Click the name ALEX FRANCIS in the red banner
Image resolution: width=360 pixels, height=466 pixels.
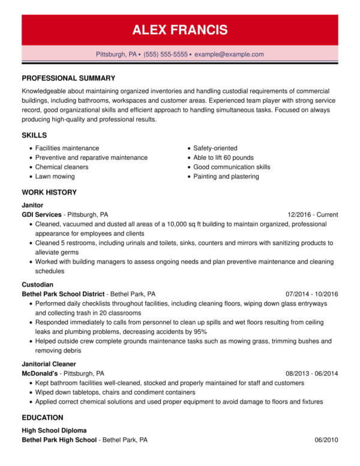click(x=180, y=30)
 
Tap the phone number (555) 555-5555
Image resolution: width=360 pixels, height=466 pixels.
click(x=165, y=54)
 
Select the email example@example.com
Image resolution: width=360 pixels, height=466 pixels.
click(x=229, y=54)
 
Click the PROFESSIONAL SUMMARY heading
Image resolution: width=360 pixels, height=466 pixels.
click(x=68, y=78)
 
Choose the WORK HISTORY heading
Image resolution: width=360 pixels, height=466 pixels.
click(x=49, y=192)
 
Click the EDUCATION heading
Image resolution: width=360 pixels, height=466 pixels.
click(x=43, y=417)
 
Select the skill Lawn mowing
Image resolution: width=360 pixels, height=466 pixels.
click(x=55, y=177)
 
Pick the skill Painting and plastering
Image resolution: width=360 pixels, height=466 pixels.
click(x=226, y=177)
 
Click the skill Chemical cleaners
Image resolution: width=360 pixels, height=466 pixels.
click(x=62, y=167)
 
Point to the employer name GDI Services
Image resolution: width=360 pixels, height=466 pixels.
click(x=41, y=214)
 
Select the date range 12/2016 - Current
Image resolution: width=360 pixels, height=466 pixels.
click(x=313, y=214)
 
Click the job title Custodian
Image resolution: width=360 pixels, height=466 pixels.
click(x=38, y=284)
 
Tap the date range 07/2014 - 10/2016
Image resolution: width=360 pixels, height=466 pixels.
click(x=312, y=294)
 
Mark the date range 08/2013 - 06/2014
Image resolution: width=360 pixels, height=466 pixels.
click(x=312, y=373)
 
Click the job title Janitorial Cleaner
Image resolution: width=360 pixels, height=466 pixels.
click(x=50, y=363)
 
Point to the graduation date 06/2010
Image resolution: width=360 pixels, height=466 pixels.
click(x=326, y=440)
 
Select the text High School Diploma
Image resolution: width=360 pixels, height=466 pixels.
click(x=54, y=431)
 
